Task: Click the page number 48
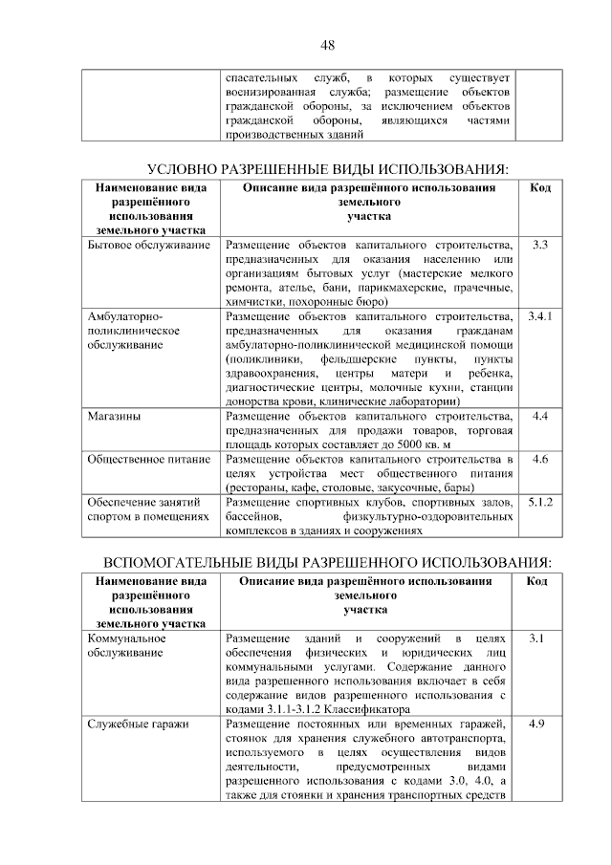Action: (x=327, y=44)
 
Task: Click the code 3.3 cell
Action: (x=539, y=247)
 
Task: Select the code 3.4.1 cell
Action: (x=539, y=315)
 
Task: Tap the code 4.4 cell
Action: (x=539, y=417)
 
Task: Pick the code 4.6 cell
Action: (x=539, y=460)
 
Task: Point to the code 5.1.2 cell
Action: (x=539, y=502)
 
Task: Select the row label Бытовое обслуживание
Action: (x=147, y=247)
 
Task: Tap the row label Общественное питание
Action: (x=148, y=460)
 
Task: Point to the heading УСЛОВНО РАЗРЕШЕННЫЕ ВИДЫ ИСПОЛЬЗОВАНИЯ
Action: (x=326, y=169)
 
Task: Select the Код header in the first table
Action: (x=539, y=188)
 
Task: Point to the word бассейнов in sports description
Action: (x=254, y=516)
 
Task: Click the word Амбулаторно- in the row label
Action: (x=125, y=316)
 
